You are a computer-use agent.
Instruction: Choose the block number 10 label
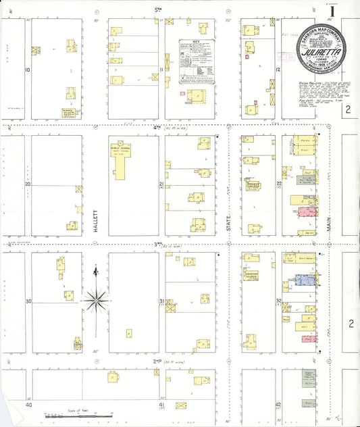[x=27, y=70]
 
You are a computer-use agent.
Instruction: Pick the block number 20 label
[x=28, y=184]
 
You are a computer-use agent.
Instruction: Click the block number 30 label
[x=28, y=301]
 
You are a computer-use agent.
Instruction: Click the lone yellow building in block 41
[x=181, y=405]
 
